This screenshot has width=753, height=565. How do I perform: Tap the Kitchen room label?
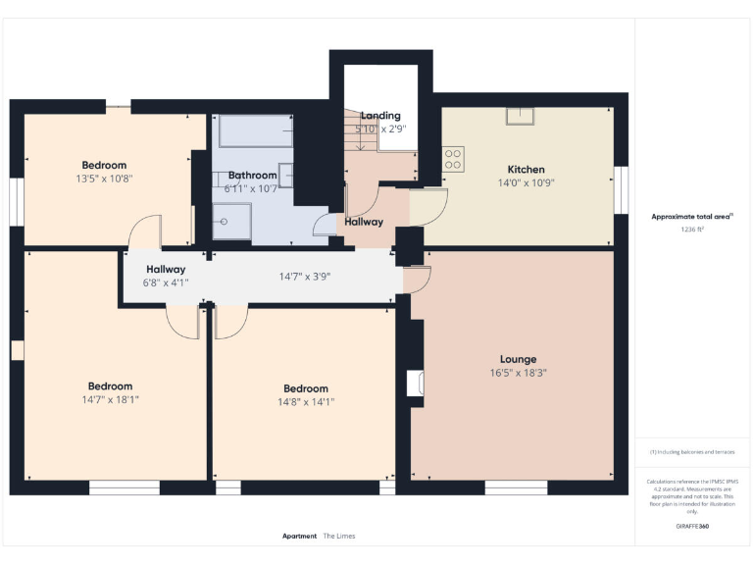(x=526, y=169)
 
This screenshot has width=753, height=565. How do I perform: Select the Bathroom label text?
(x=252, y=175)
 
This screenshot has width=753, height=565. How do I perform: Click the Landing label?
(x=380, y=116)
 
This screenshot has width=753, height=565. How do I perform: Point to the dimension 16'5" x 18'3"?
(x=518, y=373)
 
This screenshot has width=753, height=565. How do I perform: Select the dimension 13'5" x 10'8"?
(x=104, y=179)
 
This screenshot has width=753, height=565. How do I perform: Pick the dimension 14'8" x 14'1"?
(x=307, y=401)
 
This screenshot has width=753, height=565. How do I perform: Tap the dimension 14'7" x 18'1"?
(x=110, y=399)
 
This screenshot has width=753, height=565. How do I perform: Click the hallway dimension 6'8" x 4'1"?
(x=166, y=282)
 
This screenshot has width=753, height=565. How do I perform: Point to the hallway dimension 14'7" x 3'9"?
(x=304, y=277)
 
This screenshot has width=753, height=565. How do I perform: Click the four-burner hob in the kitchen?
(x=453, y=159)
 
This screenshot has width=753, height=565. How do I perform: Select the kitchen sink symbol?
(x=518, y=116)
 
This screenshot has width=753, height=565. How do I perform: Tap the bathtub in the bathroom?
(x=255, y=130)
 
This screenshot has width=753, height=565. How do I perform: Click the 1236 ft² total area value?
(x=692, y=229)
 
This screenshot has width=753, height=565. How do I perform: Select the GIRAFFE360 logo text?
(x=692, y=527)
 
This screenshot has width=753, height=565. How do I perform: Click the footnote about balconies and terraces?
(x=692, y=452)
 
